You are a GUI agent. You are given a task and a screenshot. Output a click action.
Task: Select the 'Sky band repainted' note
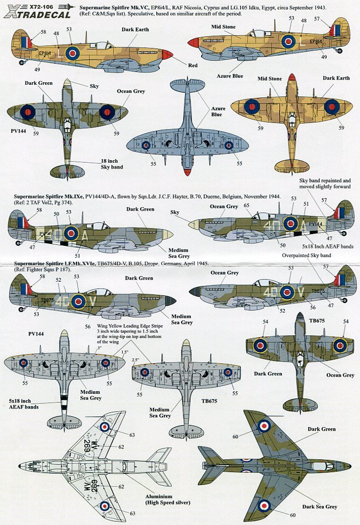tap(325, 181)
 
